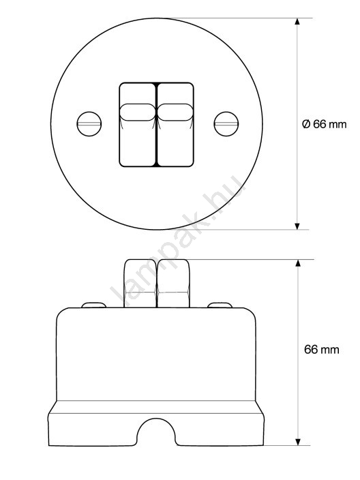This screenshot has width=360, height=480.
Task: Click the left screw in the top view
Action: (89, 124)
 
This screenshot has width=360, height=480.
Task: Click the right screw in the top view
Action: (226, 124)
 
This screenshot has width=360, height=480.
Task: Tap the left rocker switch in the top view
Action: (138, 125)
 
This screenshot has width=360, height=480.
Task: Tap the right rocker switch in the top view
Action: (175, 125)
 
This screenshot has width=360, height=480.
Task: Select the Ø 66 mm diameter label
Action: (324, 124)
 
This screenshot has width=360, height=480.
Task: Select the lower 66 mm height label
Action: (322, 349)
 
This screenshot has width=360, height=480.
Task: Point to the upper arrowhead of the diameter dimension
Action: (297, 21)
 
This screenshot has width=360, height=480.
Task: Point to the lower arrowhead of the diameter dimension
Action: (297, 226)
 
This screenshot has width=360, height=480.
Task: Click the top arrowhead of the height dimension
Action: (297, 263)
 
